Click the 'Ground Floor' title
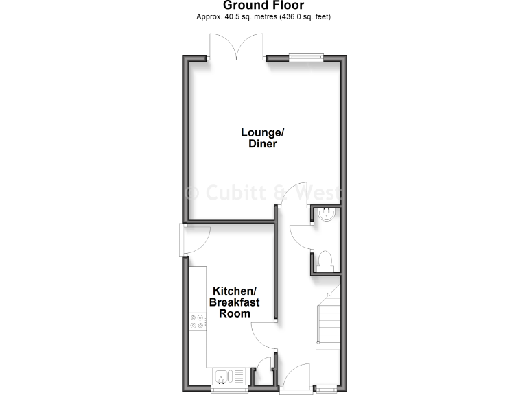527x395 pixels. tap(263, 5)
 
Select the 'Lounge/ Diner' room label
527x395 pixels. tap(259, 138)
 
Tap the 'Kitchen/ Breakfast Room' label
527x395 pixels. tap(234, 302)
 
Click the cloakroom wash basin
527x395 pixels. tap(327, 215)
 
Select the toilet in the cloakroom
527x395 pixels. tap(326, 261)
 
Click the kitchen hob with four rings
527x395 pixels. tap(198, 321)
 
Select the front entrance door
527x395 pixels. tap(296, 379)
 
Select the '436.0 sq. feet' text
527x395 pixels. tap(306, 16)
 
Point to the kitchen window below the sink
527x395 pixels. tap(229, 390)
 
